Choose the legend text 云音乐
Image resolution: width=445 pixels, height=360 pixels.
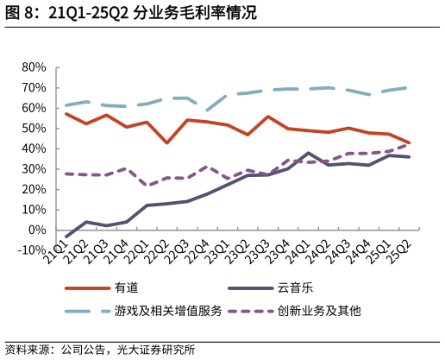point(291,287)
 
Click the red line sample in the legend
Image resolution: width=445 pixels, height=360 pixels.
point(87,287)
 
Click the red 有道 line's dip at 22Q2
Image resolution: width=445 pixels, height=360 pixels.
point(166,142)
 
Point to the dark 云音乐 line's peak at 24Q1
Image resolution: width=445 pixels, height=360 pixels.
point(308,153)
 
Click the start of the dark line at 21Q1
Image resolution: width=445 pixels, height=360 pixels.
point(66,236)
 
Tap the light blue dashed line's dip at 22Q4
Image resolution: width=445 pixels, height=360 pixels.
point(207,111)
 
